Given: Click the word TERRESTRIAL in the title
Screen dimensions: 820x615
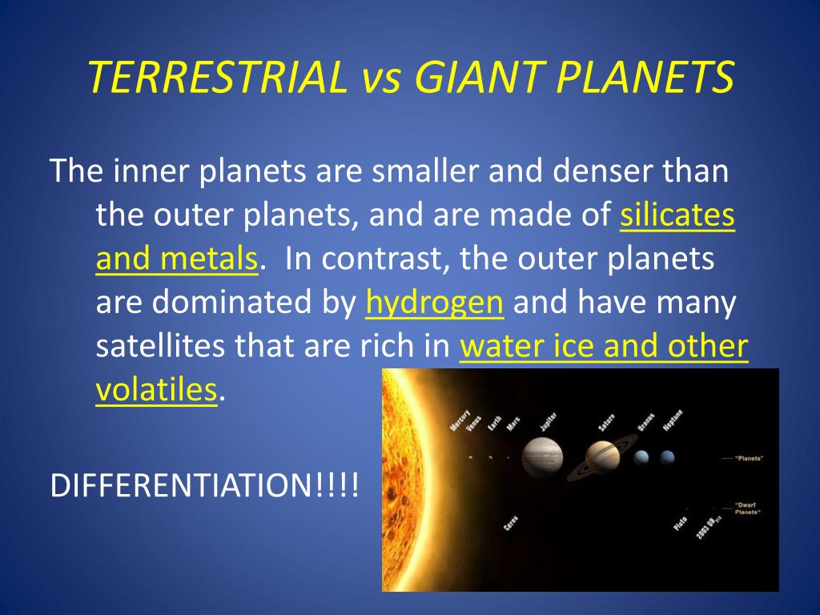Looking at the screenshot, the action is pyautogui.click(x=216, y=77).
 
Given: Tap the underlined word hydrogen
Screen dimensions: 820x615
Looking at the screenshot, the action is pyautogui.click(x=435, y=303).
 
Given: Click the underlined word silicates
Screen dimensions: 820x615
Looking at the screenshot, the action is pyautogui.click(x=677, y=215).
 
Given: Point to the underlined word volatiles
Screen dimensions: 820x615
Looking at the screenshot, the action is pyautogui.click(x=156, y=390).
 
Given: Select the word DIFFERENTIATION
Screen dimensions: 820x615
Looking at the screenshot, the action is pyautogui.click(x=181, y=484).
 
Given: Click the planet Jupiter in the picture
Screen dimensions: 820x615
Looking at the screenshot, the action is pyautogui.click(x=542, y=457).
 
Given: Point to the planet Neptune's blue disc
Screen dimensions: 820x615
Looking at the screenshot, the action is pyautogui.click(x=667, y=457).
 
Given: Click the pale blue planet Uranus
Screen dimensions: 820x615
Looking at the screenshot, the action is pyautogui.click(x=641, y=457).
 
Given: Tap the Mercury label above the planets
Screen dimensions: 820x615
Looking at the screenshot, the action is pyautogui.click(x=460, y=420).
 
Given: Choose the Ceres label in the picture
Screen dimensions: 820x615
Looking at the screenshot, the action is pyautogui.click(x=510, y=523).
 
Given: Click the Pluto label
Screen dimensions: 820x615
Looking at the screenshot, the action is pyautogui.click(x=680, y=524).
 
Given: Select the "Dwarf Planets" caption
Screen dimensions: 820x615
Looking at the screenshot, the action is pyautogui.click(x=747, y=508).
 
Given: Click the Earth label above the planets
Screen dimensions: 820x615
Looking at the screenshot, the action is pyautogui.click(x=495, y=423).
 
